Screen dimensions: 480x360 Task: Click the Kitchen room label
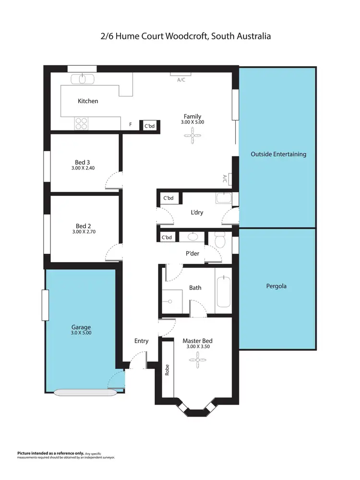pos(88,101)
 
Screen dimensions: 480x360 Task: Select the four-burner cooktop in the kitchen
pos(81,123)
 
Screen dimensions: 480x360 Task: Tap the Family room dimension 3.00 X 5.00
pos(192,122)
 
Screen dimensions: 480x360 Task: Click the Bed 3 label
pos(83,162)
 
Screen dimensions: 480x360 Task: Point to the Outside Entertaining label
pos(278,154)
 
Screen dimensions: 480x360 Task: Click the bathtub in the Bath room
pos(223,291)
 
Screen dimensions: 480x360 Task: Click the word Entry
pos(141,341)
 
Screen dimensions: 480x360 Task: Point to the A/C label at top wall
pos(181,80)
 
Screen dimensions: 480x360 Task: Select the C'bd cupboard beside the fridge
pos(149,126)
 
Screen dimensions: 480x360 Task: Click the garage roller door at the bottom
pos(84,392)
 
